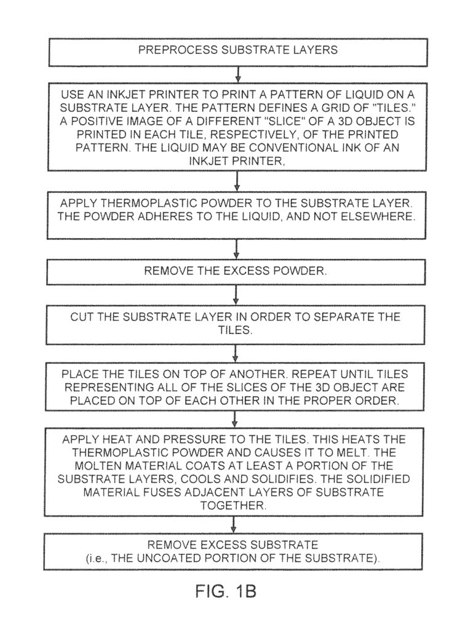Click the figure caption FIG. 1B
[226, 591]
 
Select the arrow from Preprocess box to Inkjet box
[237, 74]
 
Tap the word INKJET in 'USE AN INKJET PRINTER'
[127, 95]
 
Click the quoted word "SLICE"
[285, 121]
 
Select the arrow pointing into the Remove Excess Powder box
[236, 250]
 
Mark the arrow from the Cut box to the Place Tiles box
[236, 354]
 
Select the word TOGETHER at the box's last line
[233, 506]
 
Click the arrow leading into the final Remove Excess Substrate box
[234, 525]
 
